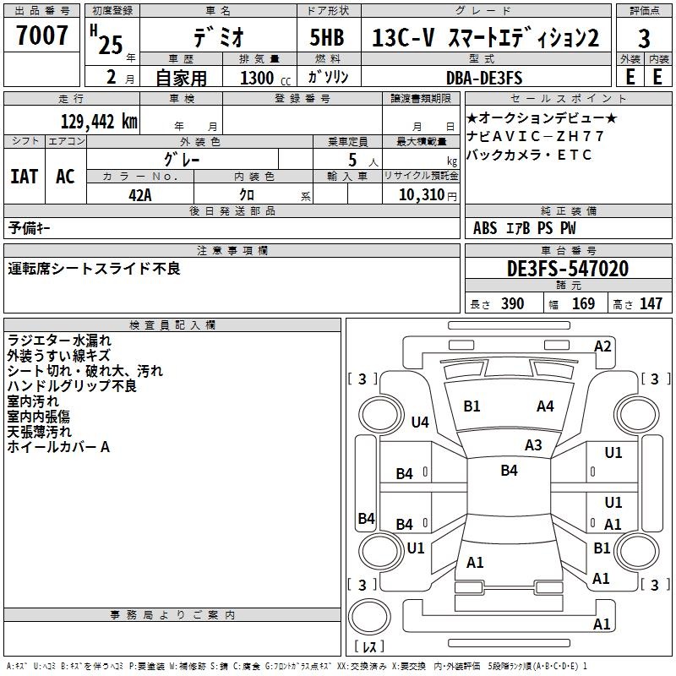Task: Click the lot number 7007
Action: (x=42, y=35)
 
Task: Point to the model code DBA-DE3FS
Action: (x=484, y=78)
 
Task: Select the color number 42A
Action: (x=139, y=194)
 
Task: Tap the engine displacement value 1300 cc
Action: (x=257, y=78)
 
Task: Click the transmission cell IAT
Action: (x=24, y=177)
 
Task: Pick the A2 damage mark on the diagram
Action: (x=602, y=346)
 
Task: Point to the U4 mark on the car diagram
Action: (x=420, y=422)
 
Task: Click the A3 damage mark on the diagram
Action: (x=533, y=444)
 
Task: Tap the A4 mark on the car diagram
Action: (x=545, y=406)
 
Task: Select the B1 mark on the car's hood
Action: (x=472, y=406)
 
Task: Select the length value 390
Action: (x=512, y=304)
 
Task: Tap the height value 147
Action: (x=651, y=304)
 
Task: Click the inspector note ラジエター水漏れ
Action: (x=59, y=341)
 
